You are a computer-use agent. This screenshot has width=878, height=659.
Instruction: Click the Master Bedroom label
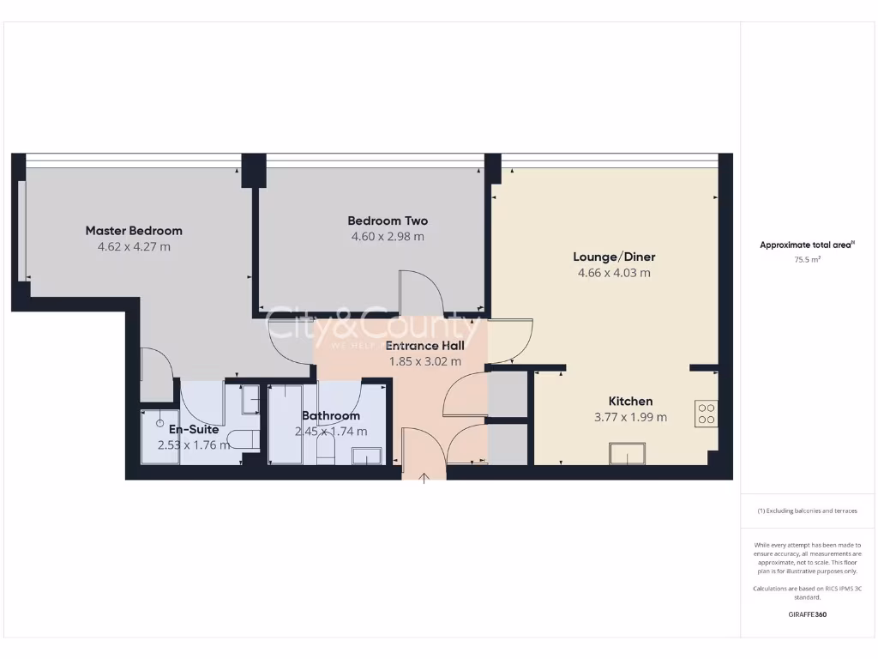tap(134, 231)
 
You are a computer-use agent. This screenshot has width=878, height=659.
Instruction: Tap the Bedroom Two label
tap(388, 221)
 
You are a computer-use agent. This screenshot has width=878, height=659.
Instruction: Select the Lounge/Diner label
tap(614, 257)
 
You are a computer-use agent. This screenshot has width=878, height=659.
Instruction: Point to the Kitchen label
tap(630, 402)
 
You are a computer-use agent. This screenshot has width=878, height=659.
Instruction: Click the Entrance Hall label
tap(424, 346)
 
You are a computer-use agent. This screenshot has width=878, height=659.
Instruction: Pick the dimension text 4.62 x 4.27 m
tap(134, 247)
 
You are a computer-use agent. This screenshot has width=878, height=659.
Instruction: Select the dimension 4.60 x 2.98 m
tap(388, 237)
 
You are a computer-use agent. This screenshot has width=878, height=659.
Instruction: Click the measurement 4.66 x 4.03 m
tap(614, 273)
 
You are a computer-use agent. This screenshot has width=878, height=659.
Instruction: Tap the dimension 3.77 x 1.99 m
tap(630, 418)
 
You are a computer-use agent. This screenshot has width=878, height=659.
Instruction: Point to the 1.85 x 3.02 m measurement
tap(424, 361)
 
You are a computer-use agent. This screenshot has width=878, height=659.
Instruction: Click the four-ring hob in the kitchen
tap(707, 414)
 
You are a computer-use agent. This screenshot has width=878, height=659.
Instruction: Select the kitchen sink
tap(627, 452)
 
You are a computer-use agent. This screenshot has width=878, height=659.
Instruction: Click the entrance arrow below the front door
tap(424, 476)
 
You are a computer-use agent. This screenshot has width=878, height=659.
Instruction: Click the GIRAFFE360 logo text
tap(807, 614)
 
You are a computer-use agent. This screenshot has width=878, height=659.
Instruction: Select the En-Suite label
tap(194, 429)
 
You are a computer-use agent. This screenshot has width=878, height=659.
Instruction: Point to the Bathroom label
tap(330, 416)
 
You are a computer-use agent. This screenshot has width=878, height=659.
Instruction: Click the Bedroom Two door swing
tap(421, 293)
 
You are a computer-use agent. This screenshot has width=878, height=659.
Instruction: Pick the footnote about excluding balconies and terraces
tap(807, 511)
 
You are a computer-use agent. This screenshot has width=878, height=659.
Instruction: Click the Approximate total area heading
tap(807, 245)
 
